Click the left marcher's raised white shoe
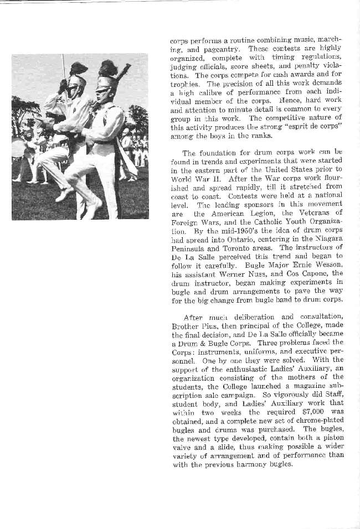click(64, 194)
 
